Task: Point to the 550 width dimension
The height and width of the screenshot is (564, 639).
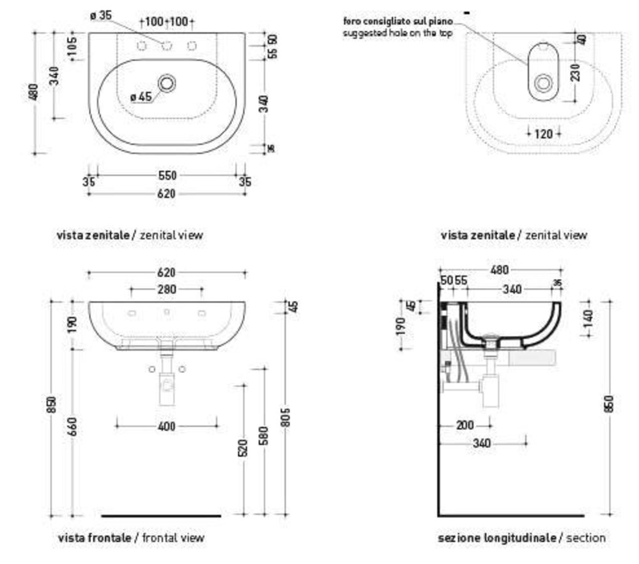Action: [167, 175]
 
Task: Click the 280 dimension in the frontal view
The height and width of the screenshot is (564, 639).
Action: [167, 289]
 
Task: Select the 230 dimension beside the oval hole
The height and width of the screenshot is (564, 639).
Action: [576, 72]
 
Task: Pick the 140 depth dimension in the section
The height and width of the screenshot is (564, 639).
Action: [588, 316]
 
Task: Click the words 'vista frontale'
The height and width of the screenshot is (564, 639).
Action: [95, 538]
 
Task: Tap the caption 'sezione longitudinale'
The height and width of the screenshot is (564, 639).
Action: [497, 538]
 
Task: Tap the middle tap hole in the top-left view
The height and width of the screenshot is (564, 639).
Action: [167, 45]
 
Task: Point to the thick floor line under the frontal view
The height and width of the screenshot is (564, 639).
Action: [161, 515]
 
